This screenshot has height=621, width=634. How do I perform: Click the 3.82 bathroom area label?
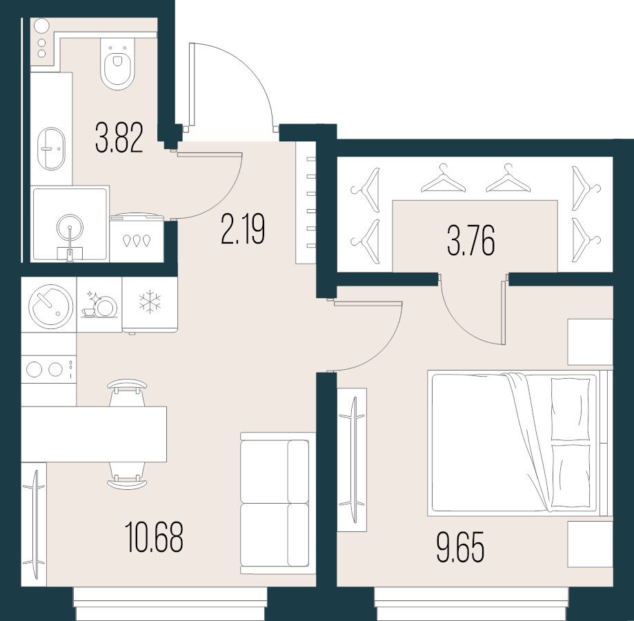[x=119, y=138]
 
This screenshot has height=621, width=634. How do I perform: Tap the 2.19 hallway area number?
[x=243, y=229]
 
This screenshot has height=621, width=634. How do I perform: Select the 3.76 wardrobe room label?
[x=471, y=241]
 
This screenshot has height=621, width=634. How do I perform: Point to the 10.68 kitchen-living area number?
[x=154, y=537]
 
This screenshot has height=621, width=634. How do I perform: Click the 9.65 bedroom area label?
[x=460, y=547]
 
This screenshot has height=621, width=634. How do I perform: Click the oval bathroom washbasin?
[x=51, y=148]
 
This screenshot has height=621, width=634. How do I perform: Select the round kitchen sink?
[x=51, y=306]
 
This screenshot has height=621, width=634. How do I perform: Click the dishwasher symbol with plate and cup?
[x=99, y=305]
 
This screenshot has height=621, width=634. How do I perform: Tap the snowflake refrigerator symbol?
[x=150, y=302]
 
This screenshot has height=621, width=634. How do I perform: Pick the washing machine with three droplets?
[x=137, y=239]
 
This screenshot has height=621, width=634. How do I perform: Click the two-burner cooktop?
[x=48, y=369]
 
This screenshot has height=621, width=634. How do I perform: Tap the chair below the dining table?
[x=128, y=476]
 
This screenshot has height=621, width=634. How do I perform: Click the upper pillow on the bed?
[x=571, y=408]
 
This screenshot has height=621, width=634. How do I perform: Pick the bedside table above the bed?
[x=591, y=342]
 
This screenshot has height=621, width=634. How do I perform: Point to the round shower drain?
[x=70, y=228]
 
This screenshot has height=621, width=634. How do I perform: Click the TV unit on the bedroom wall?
[x=352, y=460]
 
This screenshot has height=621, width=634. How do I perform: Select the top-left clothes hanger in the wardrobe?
[x=366, y=190]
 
